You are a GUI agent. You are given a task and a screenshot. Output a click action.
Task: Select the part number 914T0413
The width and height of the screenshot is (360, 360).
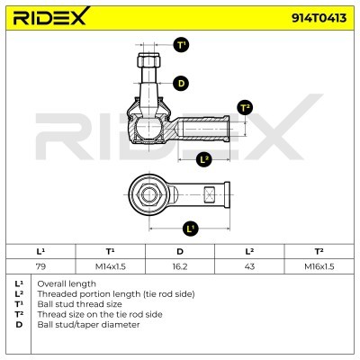pyautogui.click(x=319, y=18)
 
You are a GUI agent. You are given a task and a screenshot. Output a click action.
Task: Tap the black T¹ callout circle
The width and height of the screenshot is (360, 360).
pyautogui.click(x=181, y=45)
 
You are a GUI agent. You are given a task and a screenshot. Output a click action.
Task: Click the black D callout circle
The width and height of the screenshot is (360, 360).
pyautogui.click(x=181, y=83)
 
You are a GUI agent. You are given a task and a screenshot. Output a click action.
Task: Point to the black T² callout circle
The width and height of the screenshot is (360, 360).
pyautogui.click(x=245, y=108)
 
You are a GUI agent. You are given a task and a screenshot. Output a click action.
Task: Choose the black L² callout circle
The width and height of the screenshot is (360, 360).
pyautogui.click(x=204, y=159)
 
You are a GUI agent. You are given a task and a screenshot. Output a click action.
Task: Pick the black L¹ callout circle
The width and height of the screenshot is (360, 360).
pyautogui.click(x=190, y=229)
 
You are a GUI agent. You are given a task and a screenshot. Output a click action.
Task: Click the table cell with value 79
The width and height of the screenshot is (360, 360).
pyautogui.click(x=40, y=266)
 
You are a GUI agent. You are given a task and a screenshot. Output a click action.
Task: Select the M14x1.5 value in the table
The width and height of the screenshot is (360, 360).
pyautogui.click(x=111, y=266)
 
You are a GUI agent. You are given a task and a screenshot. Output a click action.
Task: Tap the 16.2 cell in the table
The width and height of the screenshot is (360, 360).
pyautogui.click(x=180, y=266)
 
